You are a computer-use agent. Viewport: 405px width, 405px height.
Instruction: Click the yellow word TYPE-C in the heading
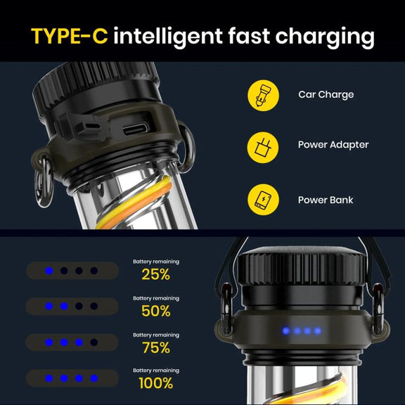coord(69,36)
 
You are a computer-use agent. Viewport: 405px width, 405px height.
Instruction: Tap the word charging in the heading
coord(325,38)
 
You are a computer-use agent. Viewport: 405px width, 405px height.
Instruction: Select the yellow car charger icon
coord(263,96)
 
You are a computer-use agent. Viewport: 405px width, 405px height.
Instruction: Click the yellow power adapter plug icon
coord(263,148)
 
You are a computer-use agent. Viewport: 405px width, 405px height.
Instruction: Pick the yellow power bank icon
coord(263,200)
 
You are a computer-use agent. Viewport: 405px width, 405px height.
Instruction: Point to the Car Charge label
coord(326,95)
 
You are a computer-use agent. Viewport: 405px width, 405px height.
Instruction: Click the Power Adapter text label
coord(333,145)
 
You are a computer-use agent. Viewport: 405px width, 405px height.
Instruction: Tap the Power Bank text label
coord(326,200)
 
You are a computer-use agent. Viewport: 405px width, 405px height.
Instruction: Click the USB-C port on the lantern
coord(136,129)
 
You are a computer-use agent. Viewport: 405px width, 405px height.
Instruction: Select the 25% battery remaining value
coord(156,274)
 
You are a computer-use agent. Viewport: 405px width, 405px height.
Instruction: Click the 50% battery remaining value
coord(156,311)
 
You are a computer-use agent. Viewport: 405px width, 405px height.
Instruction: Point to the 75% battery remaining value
coord(156,347)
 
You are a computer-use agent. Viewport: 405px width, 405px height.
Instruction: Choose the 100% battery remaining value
coord(156,383)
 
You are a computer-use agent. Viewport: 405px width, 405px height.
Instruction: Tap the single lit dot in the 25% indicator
coord(49,271)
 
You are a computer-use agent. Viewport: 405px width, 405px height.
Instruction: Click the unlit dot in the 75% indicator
coord(94,342)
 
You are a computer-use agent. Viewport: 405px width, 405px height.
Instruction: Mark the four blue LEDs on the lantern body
coord(302,331)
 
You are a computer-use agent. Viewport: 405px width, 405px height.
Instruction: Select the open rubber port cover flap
coord(83,127)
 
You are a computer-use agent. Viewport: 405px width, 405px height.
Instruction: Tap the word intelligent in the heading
coord(168,37)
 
